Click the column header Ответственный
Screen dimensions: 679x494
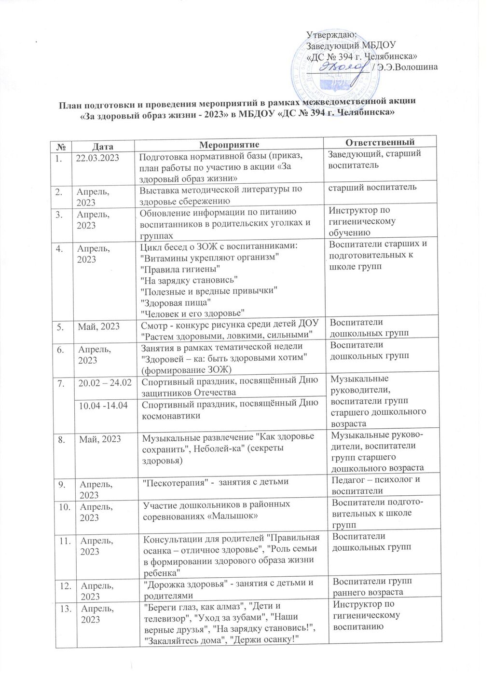[381, 142]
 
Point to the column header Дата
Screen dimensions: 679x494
[104, 145]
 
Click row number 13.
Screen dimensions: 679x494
[63, 608]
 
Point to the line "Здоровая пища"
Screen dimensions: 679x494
[175, 302]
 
